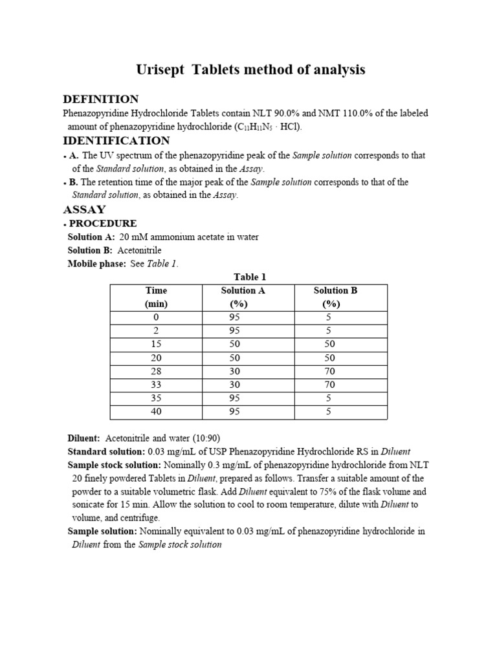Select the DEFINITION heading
tap(100, 99)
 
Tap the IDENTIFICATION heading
tap(116, 140)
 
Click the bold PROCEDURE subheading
tap(103, 224)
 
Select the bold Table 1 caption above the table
tap(250, 277)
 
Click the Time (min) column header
tap(156, 297)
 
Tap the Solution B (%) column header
tap(335, 297)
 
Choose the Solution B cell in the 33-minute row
tap(329, 385)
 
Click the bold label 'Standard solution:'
tap(106, 451)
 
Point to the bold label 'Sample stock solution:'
tap(115, 465)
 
